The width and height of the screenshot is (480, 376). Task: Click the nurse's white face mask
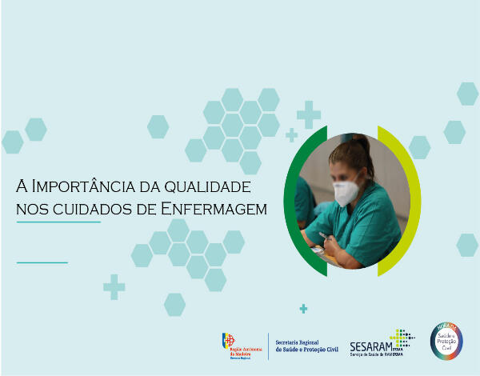tap(345, 192)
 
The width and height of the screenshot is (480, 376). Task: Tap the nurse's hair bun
tap(362, 143)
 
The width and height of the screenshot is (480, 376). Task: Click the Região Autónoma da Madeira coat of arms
tap(229, 342)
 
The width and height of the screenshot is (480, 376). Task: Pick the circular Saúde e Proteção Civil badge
tap(446, 340)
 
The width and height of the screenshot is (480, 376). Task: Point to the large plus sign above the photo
tap(308, 114)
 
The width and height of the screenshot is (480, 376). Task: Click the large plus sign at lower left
tap(114, 287)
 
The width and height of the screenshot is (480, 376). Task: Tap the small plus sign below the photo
tap(303, 309)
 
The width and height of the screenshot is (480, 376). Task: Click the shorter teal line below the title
tap(42, 262)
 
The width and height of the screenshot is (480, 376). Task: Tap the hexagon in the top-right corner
tap(468, 94)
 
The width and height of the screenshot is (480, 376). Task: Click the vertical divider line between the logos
tap(267, 345)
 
